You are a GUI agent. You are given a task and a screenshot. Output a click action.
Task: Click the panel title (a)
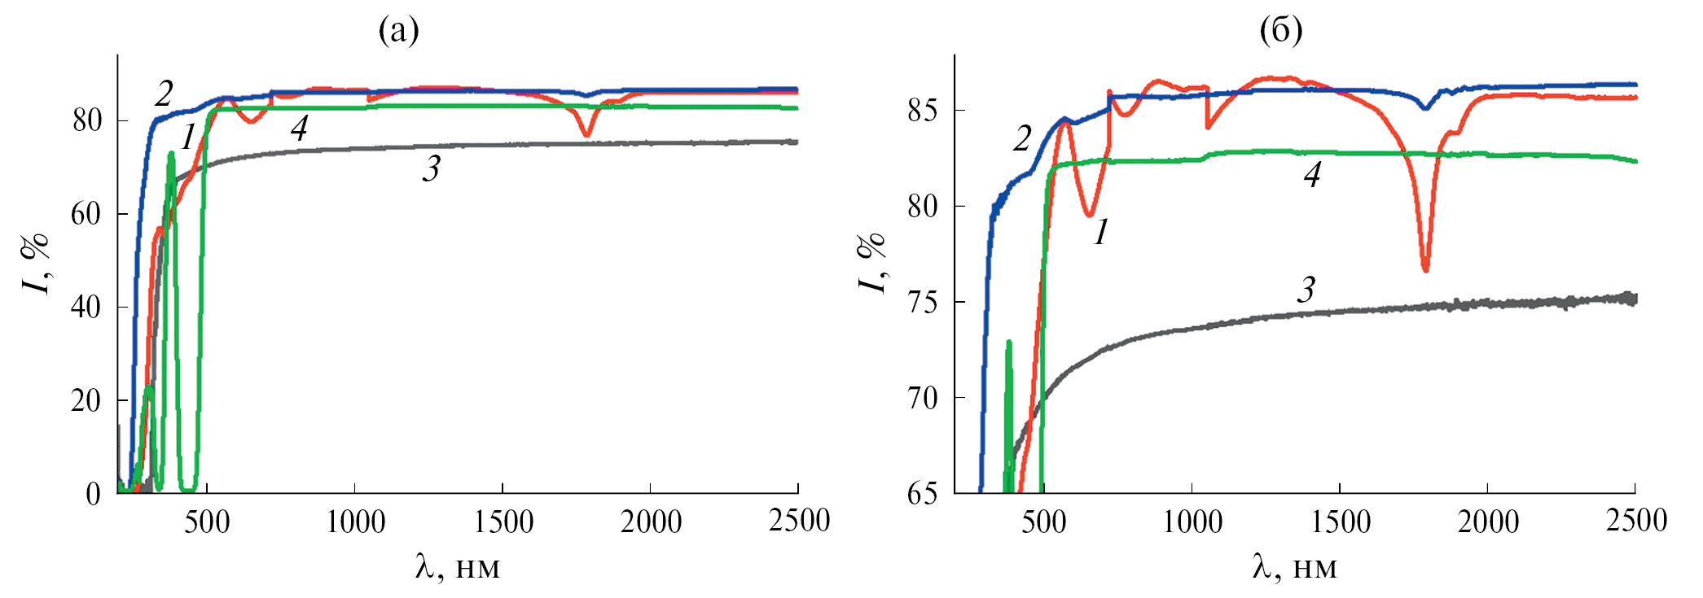pyautogui.click(x=398, y=31)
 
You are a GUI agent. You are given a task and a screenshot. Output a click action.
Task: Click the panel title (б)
pyautogui.click(x=1280, y=31)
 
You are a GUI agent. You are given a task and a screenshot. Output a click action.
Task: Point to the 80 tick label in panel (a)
pyautogui.click(x=87, y=121)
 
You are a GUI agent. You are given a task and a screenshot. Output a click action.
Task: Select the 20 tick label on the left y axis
pyautogui.click(x=86, y=401)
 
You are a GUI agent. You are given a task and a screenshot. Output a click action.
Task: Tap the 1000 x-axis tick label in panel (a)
pyautogui.click(x=355, y=522)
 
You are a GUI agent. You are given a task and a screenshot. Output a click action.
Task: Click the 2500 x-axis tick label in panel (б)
pyautogui.click(x=1635, y=522)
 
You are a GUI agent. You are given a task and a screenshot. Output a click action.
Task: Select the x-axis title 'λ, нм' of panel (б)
pyautogui.click(x=1294, y=567)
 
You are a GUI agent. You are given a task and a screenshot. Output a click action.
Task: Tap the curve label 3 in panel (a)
pyautogui.click(x=431, y=169)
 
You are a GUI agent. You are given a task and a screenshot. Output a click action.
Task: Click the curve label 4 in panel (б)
pyautogui.click(x=1311, y=175)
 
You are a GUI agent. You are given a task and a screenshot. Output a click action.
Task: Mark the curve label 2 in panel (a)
pyautogui.click(x=164, y=94)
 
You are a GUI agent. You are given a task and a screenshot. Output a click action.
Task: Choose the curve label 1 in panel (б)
pyautogui.click(x=1101, y=233)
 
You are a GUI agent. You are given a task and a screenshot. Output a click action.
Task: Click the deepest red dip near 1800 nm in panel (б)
pyautogui.click(x=1425, y=269)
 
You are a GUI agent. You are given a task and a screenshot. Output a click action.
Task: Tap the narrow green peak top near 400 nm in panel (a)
pyautogui.click(x=171, y=154)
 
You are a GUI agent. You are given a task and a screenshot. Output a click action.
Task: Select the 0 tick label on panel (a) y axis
pyautogui.click(x=94, y=494)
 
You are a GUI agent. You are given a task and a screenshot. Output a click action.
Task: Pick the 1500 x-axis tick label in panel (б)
pyautogui.click(x=1340, y=522)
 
